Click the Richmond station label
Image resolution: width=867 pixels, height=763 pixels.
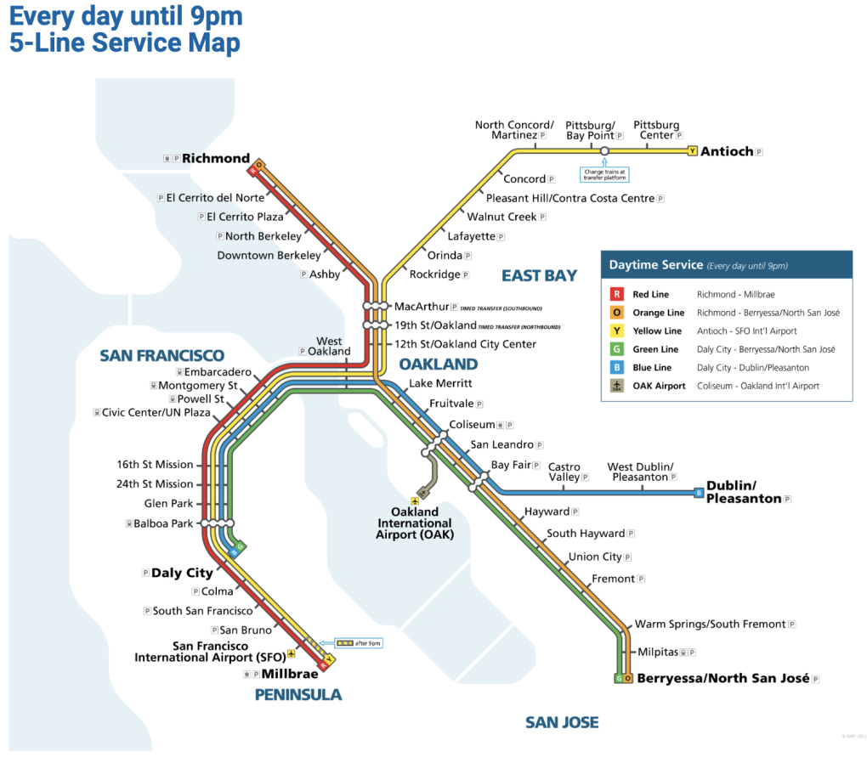pyautogui.click(x=216, y=158)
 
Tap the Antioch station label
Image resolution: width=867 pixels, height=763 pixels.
pyautogui.click(x=727, y=151)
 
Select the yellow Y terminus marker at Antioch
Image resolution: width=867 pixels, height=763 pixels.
pyautogui.click(x=692, y=151)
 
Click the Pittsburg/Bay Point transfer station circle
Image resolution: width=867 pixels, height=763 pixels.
pyautogui.click(x=603, y=151)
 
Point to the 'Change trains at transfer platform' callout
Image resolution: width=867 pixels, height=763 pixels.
pyautogui.click(x=603, y=173)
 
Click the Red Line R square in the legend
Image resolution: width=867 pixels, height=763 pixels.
pyautogui.click(x=615, y=295)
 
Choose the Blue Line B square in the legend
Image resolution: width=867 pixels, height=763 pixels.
pyautogui.click(x=615, y=368)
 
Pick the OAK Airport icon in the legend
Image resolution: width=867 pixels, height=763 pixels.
pyautogui.click(x=615, y=386)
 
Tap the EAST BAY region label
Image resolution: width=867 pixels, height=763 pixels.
pyautogui.click(x=539, y=275)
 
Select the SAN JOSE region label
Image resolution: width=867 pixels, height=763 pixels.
pyautogui.click(x=562, y=722)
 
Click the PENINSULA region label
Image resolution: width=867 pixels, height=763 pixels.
pyautogui.click(x=298, y=695)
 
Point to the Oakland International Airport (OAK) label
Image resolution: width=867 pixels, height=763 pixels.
pyautogui.click(x=416, y=523)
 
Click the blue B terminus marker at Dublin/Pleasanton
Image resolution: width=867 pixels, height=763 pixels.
pyautogui.click(x=699, y=492)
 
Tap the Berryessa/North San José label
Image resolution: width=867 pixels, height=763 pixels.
pyautogui.click(x=722, y=678)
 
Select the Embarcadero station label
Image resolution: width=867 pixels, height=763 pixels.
pyautogui.click(x=218, y=372)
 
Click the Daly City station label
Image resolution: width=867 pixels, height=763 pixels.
pyautogui.click(x=182, y=573)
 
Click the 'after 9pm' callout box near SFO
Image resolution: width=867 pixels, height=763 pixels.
pyautogui.click(x=359, y=643)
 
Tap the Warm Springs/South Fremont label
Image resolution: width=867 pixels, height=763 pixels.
pyautogui.click(x=710, y=624)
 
